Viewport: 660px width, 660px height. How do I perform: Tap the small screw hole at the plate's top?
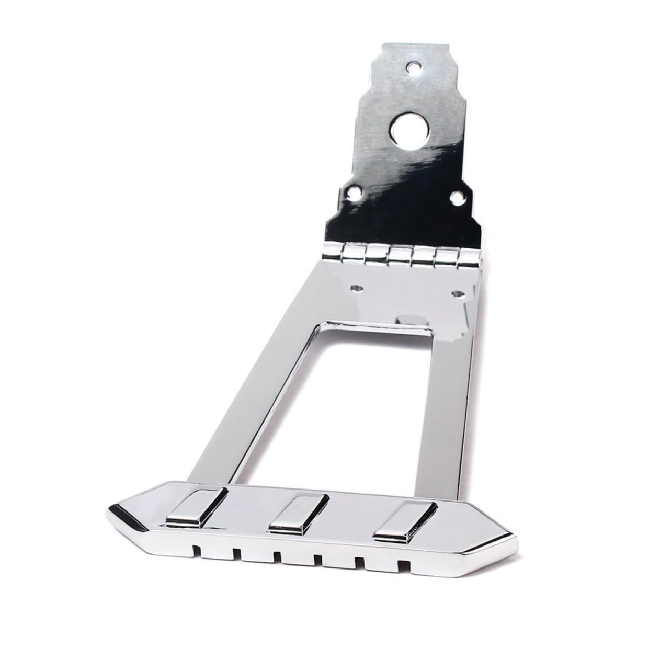[x=414, y=67]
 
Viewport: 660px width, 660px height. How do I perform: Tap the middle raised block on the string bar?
[x=298, y=515]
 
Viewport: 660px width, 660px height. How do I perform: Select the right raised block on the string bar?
[x=403, y=524]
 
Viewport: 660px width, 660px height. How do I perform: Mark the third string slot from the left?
[x=277, y=556]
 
